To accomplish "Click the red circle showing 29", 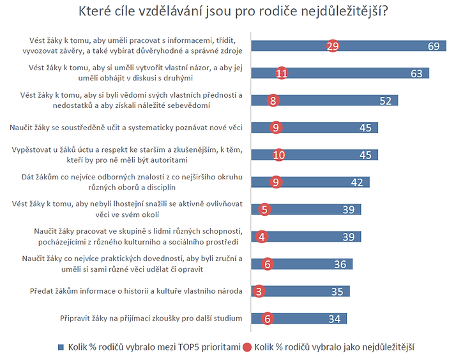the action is pyautogui.click(x=333, y=46).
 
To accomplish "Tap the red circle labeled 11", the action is pyautogui.click(x=282, y=73).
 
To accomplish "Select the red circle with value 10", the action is pyautogui.click(x=278, y=155).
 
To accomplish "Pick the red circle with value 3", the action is pyautogui.click(x=259, y=291).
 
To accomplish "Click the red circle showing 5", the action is pyautogui.click(x=264, y=209).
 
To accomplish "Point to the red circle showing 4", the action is pyautogui.click(x=262, y=237).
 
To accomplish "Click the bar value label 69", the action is pyautogui.click(x=434, y=46).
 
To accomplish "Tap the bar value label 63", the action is pyautogui.click(x=416, y=73).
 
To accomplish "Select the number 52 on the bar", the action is pyautogui.click(x=385, y=101).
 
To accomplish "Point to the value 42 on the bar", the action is pyautogui.click(x=357, y=183).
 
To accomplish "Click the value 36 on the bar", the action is pyautogui.click(x=340, y=264).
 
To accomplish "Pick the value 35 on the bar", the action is pyautogui.click(x=337, y=292).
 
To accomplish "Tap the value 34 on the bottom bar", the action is pyautogui.click(x=335, y=319).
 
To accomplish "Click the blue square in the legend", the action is pyautogui.click(x=61, y=347).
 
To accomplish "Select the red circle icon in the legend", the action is pyautogui.click(x=247, y=347).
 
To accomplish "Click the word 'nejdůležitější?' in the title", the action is pyautogui.click(x=344, y=11).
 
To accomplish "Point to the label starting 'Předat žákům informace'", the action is pyautogui.click(x=136, y=291).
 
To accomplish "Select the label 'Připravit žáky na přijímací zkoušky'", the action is pyautogui.click(x=151, y=319).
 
